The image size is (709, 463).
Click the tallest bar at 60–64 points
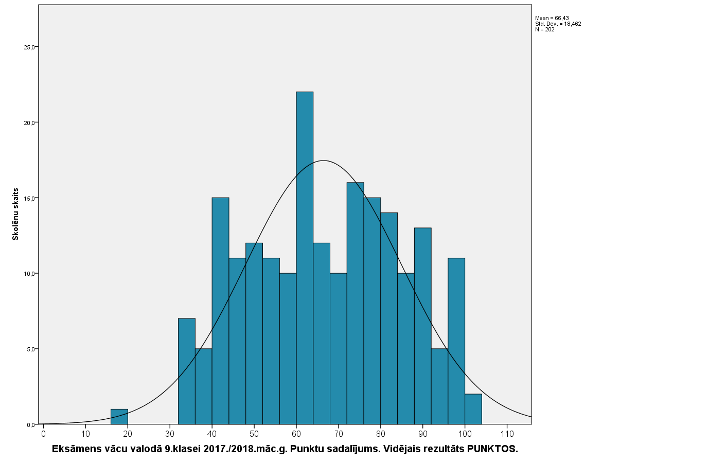[x=305, y=257]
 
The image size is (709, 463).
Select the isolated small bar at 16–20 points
[x=119, y=417]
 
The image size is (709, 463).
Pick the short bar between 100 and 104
[x=473, y=409]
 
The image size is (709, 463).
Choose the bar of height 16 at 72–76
[x=355, y=304]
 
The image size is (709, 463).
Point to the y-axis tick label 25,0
[x=30, y=47]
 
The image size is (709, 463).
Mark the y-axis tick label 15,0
[x=30, y=198]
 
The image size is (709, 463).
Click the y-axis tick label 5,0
[x=31, y=349]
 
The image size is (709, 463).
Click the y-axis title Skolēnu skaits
[x=15, y=214]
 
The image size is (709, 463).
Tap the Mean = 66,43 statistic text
[x=552, y=18]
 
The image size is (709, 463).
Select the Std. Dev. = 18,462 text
[x=558, y=24]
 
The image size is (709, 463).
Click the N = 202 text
[x=545, y=29]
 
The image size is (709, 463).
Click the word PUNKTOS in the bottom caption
[x=492, y=449]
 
